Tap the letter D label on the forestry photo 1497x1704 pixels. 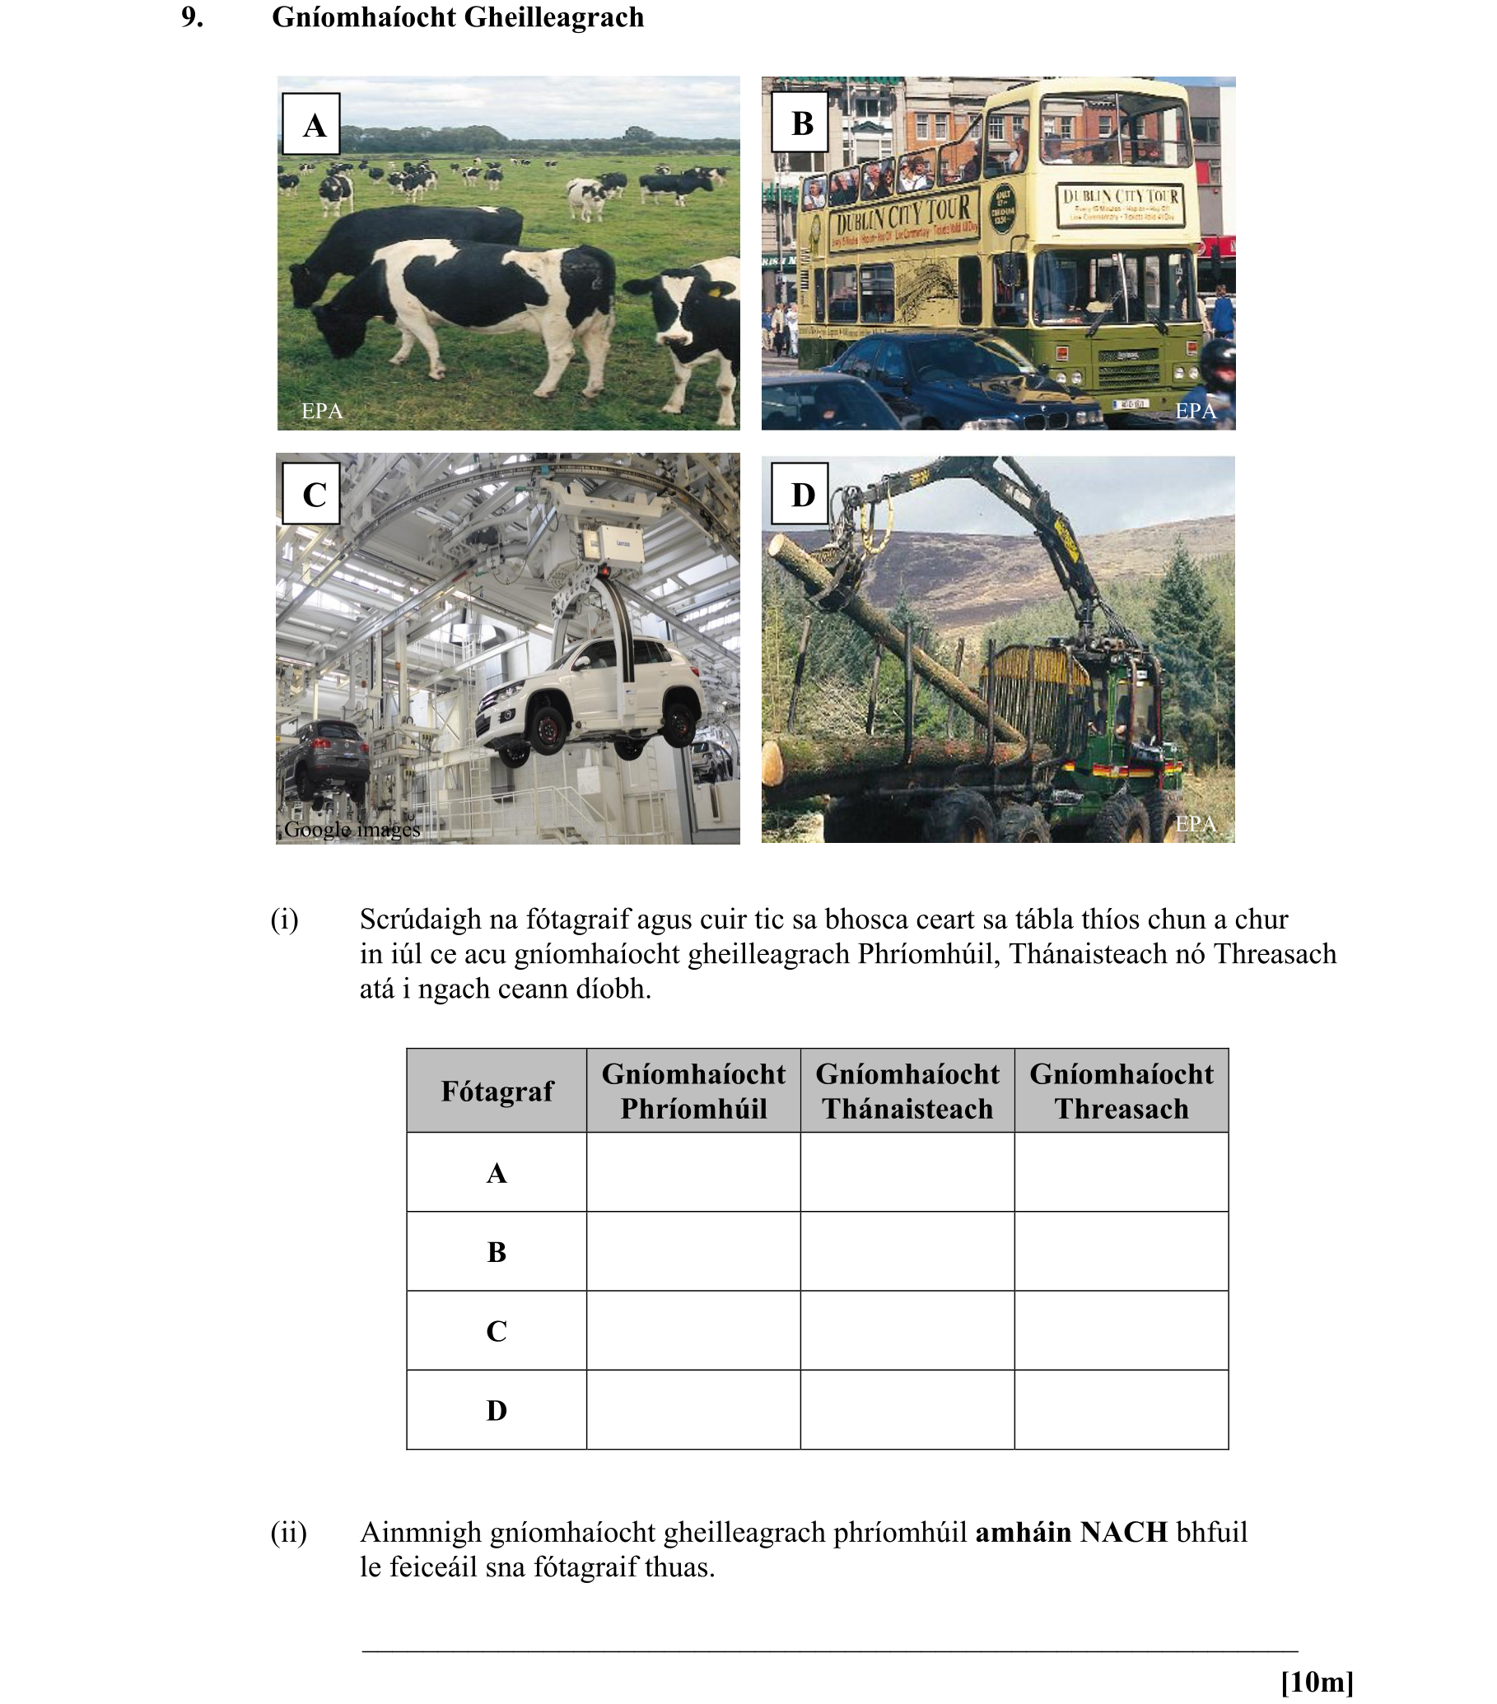pos(799,494)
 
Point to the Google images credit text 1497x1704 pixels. pos(351,830)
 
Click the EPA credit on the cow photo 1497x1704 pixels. pos(321,410)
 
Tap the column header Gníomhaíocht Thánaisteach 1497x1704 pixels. pos(907,1091)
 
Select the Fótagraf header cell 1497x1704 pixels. pos(497,1091)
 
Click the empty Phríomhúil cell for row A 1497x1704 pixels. pos(693,1171)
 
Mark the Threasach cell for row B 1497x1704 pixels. pos(1120,1250)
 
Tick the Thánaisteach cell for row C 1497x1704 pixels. pos(907,1329)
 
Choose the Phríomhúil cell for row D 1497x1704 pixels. pos(693,1408)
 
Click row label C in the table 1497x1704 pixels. pos(497,1330)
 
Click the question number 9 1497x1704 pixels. pos(192,17)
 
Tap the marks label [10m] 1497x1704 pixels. pos(1315,1682)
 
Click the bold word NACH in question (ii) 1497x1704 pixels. pos(1122,1532)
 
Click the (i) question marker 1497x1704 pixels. pos(283,920)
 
